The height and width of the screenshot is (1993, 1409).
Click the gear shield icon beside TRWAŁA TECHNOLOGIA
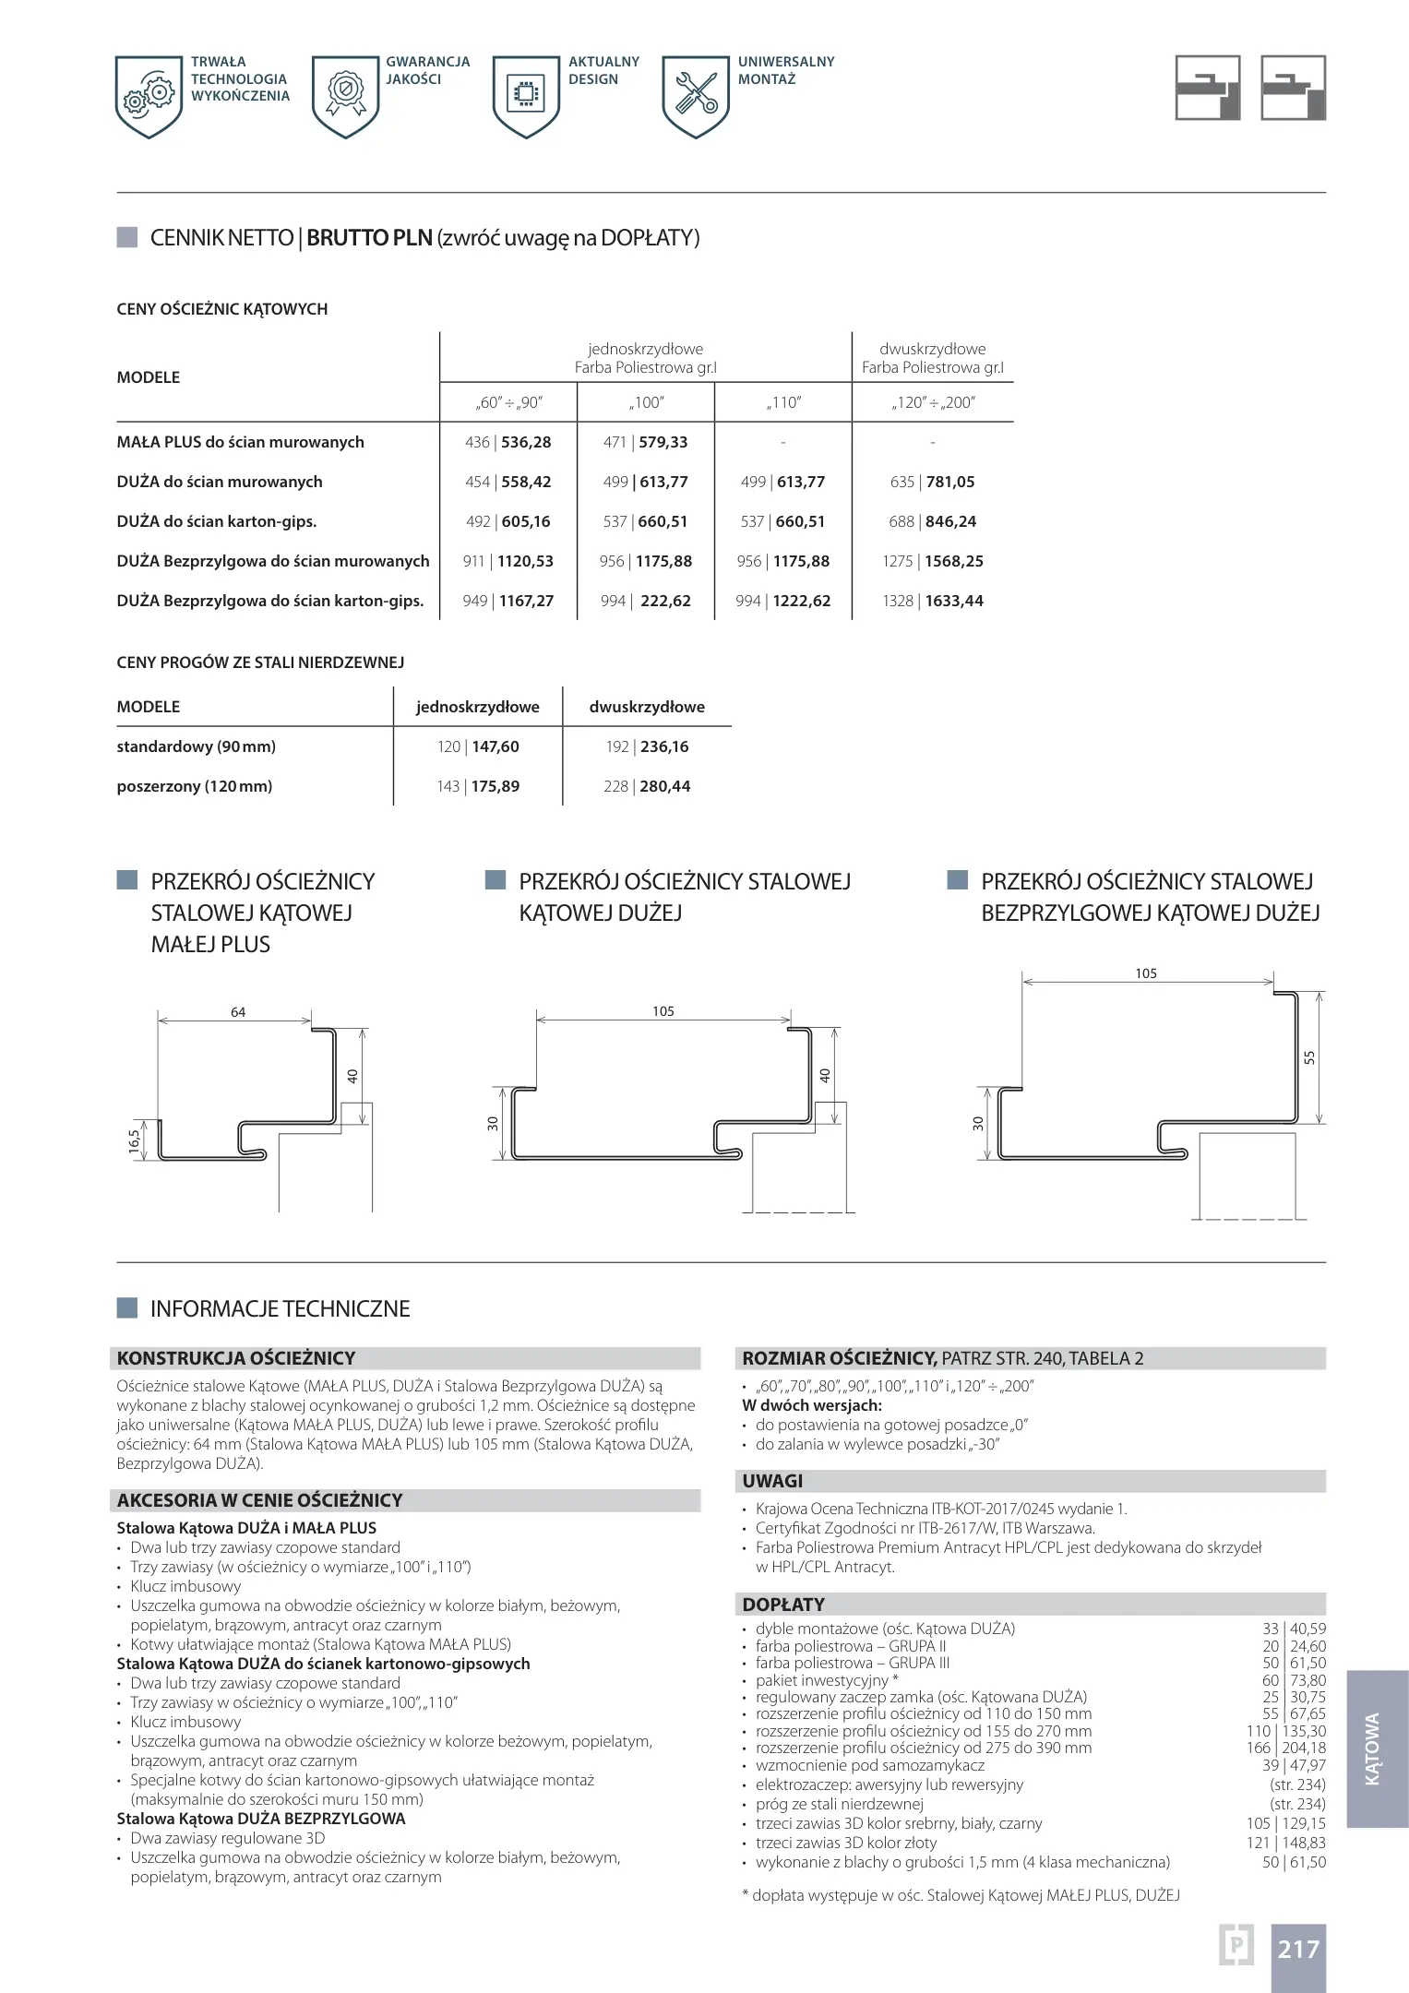(x=149, y=96)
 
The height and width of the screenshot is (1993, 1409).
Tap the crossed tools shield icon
(x=696, y=96)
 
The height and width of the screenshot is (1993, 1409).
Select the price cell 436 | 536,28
(x=507, y=442)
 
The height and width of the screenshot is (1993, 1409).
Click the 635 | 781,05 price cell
(x=932, y=482)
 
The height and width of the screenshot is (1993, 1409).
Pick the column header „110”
(x=782, y=402)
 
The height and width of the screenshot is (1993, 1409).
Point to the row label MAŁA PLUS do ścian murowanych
(x=240, y=442)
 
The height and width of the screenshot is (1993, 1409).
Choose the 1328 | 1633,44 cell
(x=932, y=601)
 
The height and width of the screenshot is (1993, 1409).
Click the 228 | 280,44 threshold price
(x=647, y=786)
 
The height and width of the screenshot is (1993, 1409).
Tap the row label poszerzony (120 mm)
(x=195, y=786)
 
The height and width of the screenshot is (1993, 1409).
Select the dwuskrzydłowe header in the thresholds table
(x=647, y=707)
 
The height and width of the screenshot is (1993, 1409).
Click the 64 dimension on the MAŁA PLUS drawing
(x=238, y=1012)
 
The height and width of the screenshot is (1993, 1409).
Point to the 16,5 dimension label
(x=135, y=1141)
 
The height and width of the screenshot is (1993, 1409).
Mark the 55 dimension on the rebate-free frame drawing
(x=1308, y=1057)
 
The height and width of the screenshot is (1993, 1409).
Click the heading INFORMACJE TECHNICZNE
(x=280, y=1308)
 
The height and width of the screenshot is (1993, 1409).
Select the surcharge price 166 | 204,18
(x=1285, y=1748)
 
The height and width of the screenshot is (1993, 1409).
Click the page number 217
(x=1298, y=1949)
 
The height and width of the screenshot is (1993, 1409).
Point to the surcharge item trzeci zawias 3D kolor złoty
(x=846, y=1843)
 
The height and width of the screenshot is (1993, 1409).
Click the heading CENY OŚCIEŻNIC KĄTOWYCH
(x=222, y=309)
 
